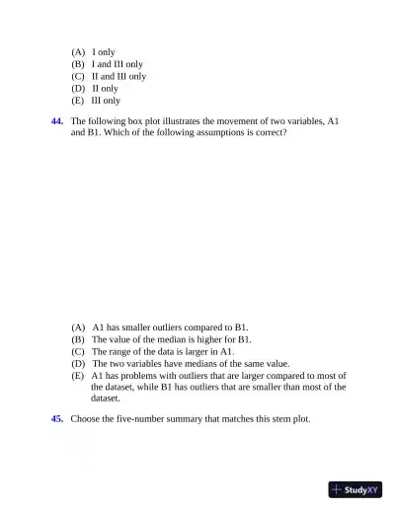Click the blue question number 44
point(57,120)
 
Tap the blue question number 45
point(57,418)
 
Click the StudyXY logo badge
point(355,488)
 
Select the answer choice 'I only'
point(104,50)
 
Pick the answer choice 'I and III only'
point(117,63)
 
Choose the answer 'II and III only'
point(118,75)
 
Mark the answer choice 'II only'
point(105,88)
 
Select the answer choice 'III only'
point(106,100)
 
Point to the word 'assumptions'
point(228,132)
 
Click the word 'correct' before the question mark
point(271,132)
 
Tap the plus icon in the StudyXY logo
point(337,488)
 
